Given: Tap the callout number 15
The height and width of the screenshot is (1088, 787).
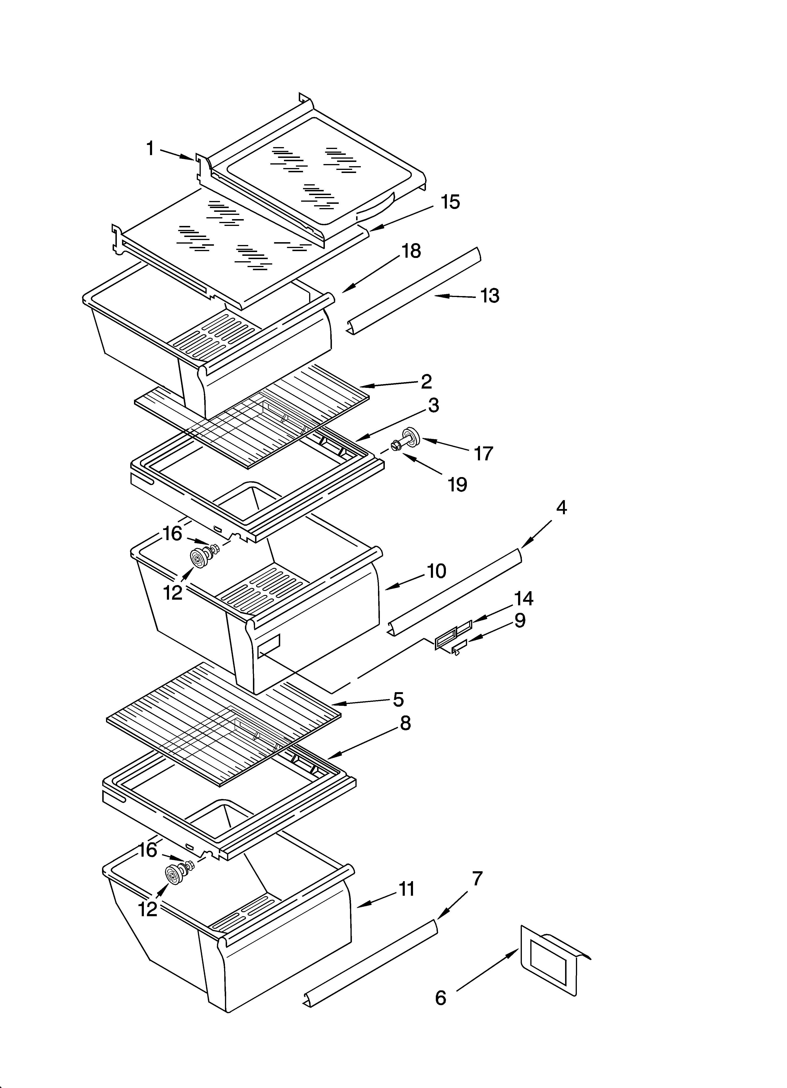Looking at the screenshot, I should coord(450,202).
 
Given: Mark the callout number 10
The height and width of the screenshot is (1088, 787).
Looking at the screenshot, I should coord(436,571).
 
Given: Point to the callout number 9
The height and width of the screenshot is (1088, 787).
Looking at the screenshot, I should coord(519,621).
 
